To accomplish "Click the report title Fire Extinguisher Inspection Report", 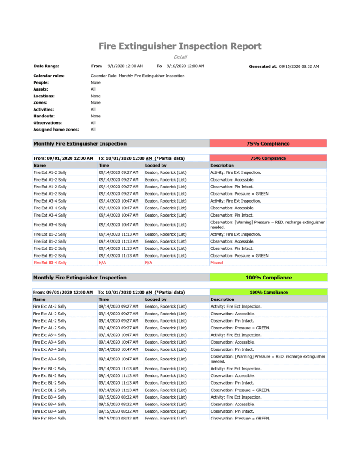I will tap(180, 46).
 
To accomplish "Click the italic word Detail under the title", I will tap(180, 57).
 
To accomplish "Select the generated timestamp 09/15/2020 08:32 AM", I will tap(299, 66).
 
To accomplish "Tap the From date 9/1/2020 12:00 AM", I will tap(125, 66).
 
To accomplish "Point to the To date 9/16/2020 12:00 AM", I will tap(185, 66).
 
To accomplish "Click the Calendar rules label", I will tap(49, 76).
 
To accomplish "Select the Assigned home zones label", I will tap(56, 130).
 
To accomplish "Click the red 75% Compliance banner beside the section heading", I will tap(268, 144).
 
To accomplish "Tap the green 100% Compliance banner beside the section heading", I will tap(269, 278).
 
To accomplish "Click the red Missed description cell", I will tap(217, 263).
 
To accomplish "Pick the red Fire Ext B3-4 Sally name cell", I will tap(50, 263).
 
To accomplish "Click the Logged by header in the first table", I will tap(156, 166).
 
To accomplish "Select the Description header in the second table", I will tap(222, 299).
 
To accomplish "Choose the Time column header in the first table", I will tap(104, 166).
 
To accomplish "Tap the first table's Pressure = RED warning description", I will tap(267, 224).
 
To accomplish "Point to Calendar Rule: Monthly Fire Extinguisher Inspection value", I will tap(137, 76).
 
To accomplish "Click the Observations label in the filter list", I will tap(47, 123).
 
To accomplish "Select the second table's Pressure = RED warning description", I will tap(267, 359).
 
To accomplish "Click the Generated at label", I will tap(263, 66).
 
